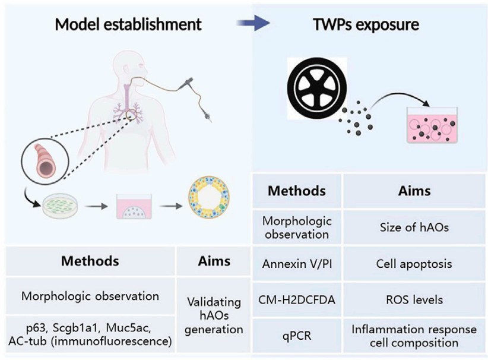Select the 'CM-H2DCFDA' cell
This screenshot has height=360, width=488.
[296, 299]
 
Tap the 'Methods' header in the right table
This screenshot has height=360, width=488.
[296, 191]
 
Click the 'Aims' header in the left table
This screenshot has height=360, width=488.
[212, 261]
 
